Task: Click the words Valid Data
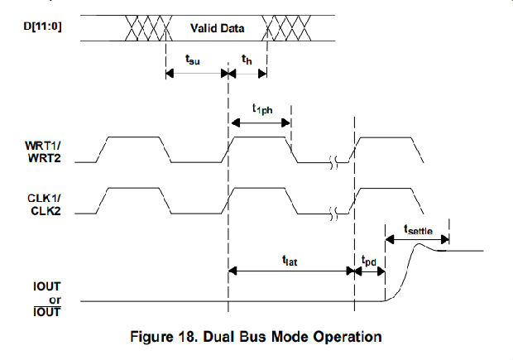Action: pyautogui.click(x=218, y=28)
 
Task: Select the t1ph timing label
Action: pyautogui.click(x=263, y=108)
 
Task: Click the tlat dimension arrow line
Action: pyautogui.click(x=291, y=270)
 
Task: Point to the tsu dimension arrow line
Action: pyautogui.click(x=196, y=73)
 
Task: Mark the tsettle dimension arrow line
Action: pyautogui.click(x=416, y=239)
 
